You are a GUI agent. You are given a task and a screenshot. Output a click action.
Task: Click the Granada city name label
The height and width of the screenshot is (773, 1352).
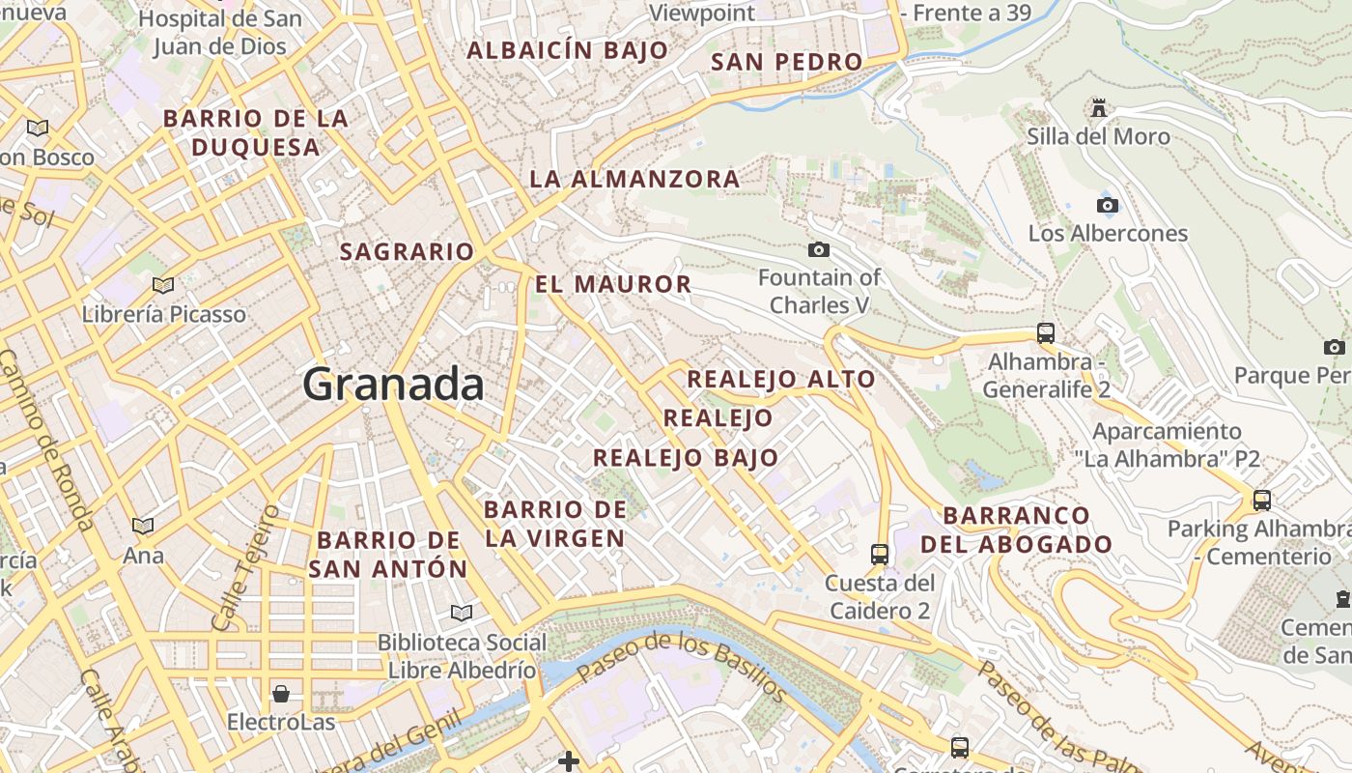(393, 385)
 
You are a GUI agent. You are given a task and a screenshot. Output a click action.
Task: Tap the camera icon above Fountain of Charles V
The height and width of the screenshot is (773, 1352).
(818, 250)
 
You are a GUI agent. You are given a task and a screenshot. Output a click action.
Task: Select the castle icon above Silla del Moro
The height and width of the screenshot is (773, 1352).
(1098, 106)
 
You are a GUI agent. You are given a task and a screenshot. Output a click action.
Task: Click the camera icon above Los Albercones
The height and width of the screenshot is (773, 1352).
(1108, 205)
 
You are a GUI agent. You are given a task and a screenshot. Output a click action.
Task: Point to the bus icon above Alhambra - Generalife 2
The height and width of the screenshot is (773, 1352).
(1046, 333)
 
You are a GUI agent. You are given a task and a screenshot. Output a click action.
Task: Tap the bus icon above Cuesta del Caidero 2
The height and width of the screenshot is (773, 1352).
(880, 554)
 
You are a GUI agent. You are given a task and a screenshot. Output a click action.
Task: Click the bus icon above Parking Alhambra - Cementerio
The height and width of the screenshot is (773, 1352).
(1261, 501)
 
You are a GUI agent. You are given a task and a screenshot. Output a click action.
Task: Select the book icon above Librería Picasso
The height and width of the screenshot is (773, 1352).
(163, 285)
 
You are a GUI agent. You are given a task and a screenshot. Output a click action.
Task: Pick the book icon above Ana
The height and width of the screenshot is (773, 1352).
(143, 527)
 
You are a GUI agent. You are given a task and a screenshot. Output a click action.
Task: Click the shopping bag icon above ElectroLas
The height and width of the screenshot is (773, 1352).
(281, 694)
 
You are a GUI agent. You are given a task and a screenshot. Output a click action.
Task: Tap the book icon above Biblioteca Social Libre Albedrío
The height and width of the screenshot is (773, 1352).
(462, 613)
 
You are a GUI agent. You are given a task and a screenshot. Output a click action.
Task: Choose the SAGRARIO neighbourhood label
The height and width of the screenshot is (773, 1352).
(407, 252)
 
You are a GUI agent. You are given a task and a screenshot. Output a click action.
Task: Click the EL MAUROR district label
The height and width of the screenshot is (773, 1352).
(613, 284)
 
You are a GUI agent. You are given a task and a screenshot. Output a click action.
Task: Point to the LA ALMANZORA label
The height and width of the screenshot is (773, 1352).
(634, 179)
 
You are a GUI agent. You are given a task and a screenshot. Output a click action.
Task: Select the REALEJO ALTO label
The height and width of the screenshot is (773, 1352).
(780, 379)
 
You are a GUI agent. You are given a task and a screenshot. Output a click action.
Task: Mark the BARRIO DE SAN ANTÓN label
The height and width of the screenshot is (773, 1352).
(388, 554)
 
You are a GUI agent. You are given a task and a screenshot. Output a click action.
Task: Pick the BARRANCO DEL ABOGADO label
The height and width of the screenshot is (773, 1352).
(1017, 530)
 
